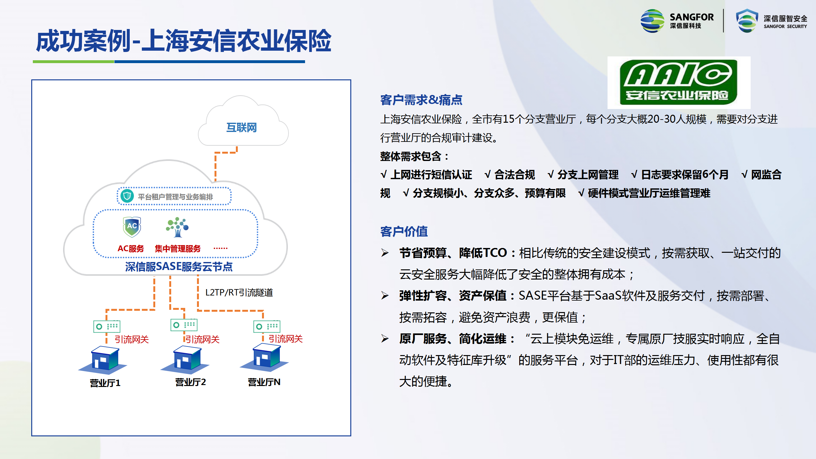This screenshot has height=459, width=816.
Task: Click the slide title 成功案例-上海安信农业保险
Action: coord(184,41)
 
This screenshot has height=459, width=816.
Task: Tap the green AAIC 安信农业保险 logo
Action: coord(679,83)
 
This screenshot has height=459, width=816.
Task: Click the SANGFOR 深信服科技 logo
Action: coord(677,21)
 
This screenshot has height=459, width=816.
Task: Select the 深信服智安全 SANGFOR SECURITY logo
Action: coord(771,21)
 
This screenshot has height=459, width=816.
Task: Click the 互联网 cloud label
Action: coord(242,127)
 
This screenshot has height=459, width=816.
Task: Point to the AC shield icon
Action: coord(132,227)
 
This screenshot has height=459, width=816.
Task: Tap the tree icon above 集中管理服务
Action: coord(177,227)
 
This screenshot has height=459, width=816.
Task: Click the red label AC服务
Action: coord(131,249)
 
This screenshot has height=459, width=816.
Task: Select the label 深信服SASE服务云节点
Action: coord(179,266)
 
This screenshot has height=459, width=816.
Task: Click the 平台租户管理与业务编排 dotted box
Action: coord(174,196)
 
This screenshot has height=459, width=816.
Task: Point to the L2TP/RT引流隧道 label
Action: coord(239,293)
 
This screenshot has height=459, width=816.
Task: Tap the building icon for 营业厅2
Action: coord(185,360)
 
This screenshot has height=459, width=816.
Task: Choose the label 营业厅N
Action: coord(264,382)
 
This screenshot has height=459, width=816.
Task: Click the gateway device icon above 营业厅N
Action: coord(267,326)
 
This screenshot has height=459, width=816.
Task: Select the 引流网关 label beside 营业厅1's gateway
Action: coord(132,339)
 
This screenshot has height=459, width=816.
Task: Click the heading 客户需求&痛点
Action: coord(421,100)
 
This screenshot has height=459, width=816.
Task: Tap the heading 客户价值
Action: coord(404,231)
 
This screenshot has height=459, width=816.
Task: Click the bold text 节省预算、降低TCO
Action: coord(453,253)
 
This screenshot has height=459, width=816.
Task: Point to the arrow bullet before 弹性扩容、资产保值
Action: coord(385,296)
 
